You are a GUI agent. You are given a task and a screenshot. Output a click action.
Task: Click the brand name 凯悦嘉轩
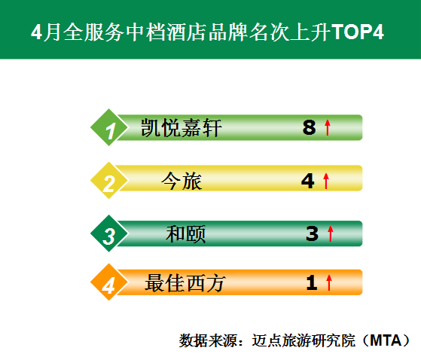click(182, 128)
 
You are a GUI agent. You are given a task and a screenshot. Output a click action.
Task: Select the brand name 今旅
click(182, 181)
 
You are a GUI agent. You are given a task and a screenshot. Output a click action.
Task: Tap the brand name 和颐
click(186, 234)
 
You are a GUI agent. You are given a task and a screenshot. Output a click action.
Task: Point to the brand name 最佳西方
click(185, 283)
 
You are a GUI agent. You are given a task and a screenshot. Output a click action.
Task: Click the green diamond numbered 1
click(109, 127)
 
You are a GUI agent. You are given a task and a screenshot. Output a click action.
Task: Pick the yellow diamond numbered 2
click(109, 181)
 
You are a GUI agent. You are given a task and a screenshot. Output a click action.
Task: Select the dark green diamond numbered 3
click(109, 233)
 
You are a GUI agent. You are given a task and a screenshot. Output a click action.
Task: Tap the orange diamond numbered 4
click(109, 282)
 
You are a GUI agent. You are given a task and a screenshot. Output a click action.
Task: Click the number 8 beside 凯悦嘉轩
click(309, 127)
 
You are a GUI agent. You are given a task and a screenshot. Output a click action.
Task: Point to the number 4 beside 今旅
click(308, 181)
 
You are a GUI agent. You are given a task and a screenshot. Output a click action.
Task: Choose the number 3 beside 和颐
click(312, 233)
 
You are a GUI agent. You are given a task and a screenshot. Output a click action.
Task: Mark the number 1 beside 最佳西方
click(312, 282)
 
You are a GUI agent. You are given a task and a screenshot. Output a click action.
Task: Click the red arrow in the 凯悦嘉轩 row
click(328, 127)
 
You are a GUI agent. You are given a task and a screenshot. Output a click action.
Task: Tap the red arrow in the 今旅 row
click(326, 181)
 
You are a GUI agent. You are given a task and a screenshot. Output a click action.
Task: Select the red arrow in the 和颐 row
click(331, 233)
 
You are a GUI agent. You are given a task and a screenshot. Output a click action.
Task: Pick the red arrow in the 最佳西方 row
click(329, 282)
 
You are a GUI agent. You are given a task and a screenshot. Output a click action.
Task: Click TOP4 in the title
click(358, 32)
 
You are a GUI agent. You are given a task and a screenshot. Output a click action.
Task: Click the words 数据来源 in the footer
click(208, 340)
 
